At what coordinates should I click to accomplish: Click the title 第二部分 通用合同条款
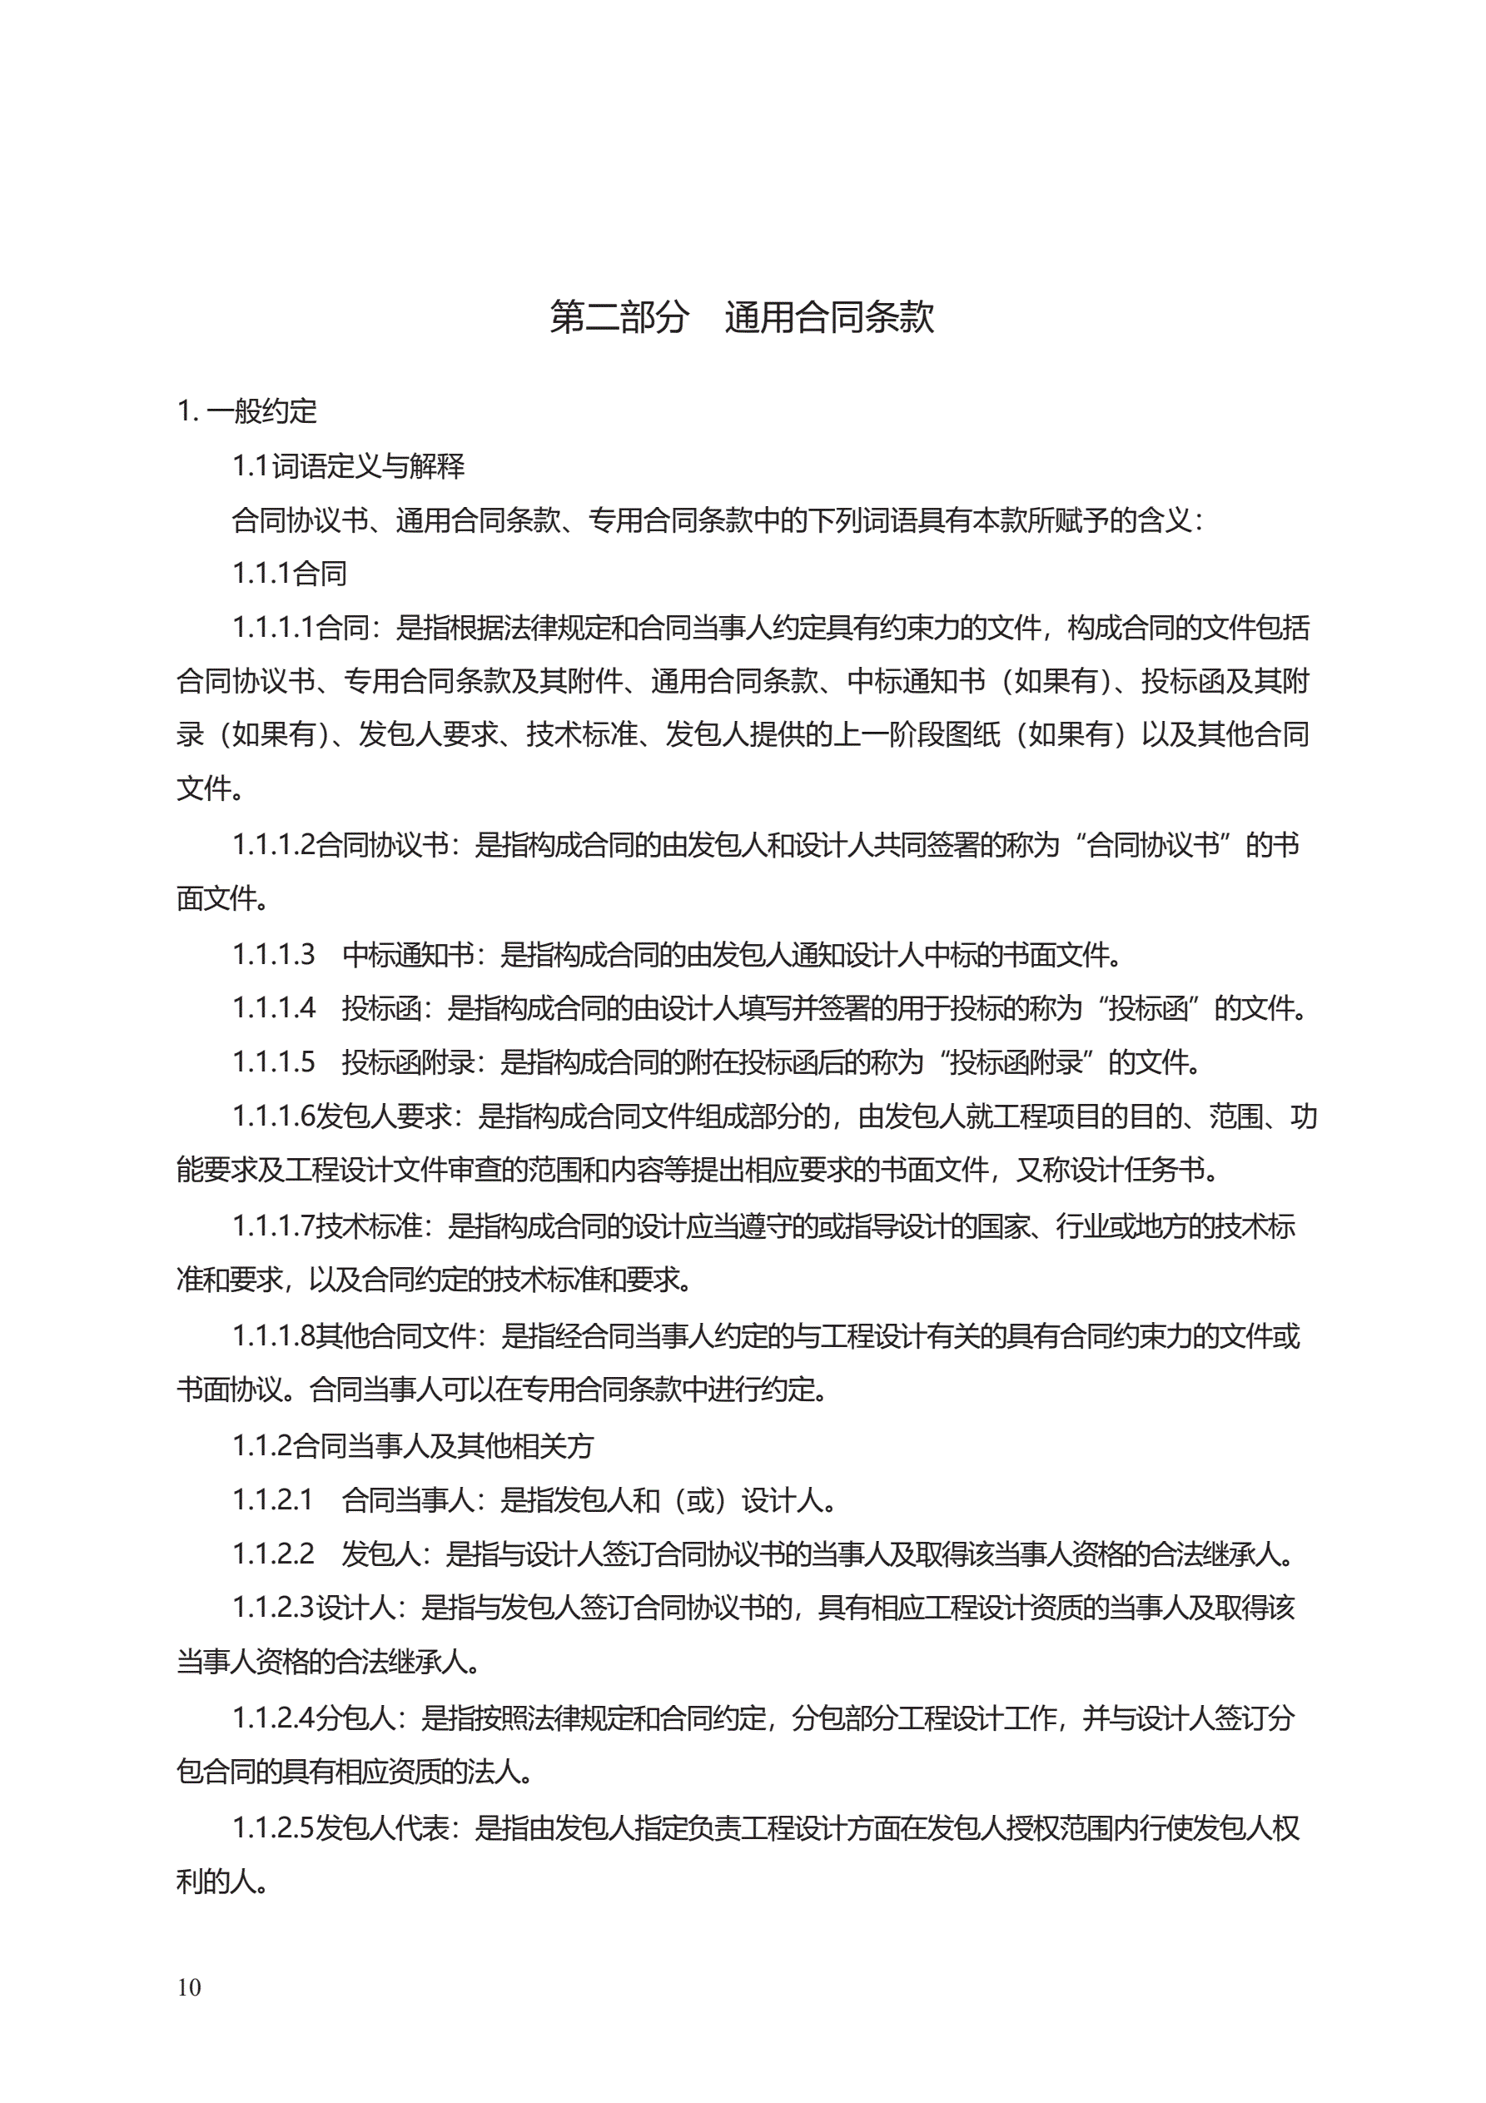(741, 317)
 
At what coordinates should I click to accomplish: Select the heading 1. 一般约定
(247, 411)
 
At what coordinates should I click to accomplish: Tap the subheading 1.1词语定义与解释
(348, 466)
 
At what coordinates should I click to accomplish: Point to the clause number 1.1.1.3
(273, 954)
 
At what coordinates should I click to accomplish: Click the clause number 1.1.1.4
(273, 1008)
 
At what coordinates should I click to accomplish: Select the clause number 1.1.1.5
(273, 1062)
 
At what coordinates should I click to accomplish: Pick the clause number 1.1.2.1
(272, 1500)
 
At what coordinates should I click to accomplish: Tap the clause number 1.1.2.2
(272, 1554)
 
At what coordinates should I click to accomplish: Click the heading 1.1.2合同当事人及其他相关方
(412, 1446)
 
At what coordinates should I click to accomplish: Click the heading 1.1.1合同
(289, 574)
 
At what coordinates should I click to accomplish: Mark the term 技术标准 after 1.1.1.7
(369, 1226)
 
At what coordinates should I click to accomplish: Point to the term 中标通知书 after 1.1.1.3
(408, 954)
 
